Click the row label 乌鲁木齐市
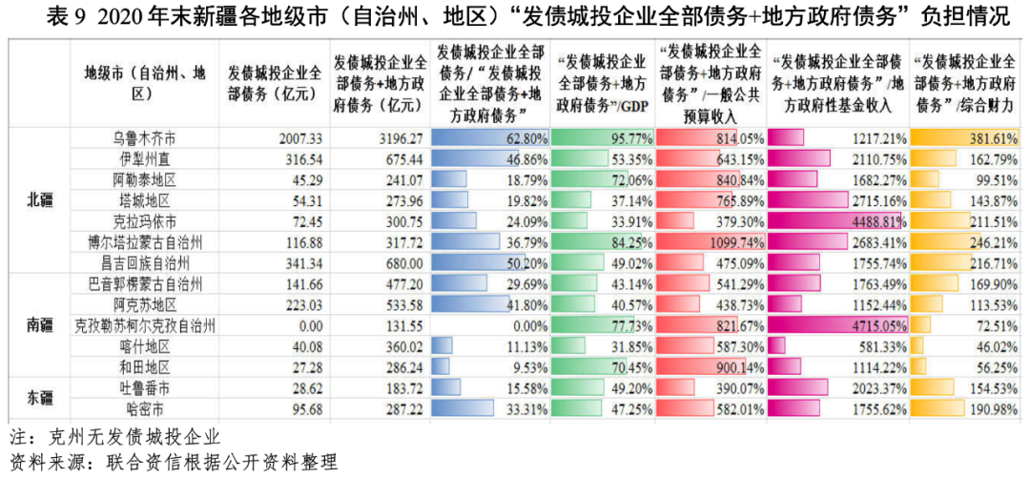point(144,138)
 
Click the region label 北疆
point(40,200)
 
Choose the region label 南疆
point(40,325)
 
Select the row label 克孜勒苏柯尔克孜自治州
point(144,325)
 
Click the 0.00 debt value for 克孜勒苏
point(307,325)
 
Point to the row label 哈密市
point(144,408)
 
